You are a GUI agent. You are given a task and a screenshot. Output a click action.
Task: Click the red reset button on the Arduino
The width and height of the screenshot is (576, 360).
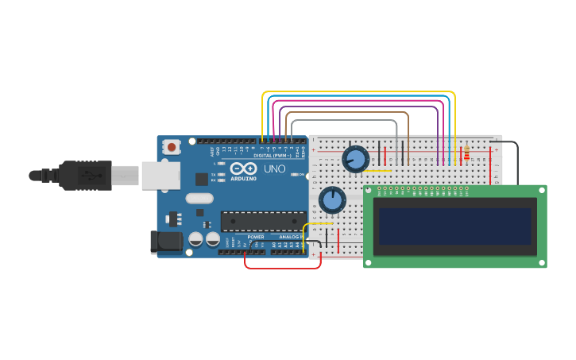click(172, 147)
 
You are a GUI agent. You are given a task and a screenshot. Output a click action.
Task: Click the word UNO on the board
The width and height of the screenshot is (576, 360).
click(274, 169)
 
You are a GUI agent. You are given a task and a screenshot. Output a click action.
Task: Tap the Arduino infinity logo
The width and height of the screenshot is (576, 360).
click(242, 169)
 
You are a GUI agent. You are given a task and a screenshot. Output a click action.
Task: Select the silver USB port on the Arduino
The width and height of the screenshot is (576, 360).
click(160, 176)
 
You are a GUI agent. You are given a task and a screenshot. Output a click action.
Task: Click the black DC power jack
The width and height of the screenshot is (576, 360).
click(165, 242)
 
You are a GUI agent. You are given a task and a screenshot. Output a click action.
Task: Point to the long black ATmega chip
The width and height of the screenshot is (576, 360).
click(263, 221)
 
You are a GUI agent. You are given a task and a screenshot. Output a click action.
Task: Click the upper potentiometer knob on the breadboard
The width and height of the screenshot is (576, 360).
click(355, 160)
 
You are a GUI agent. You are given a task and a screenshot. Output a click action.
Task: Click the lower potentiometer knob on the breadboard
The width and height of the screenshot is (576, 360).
click(332, 199)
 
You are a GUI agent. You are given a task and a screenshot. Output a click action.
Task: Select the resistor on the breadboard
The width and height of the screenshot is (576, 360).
click(466, 153)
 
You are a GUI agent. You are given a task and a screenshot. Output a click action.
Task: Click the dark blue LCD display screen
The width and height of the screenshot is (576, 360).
click(454, 226)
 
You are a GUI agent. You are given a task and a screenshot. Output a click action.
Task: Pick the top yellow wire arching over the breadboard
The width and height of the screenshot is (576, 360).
click(358, 92)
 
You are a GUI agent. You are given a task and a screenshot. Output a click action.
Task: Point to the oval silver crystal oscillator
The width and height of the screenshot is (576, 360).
click(199, 199)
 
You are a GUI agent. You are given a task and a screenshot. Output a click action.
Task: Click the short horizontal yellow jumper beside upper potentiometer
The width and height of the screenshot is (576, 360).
click(377, 170)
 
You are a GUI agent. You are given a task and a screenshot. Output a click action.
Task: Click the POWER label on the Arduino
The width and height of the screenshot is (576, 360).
click(256, 237)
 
